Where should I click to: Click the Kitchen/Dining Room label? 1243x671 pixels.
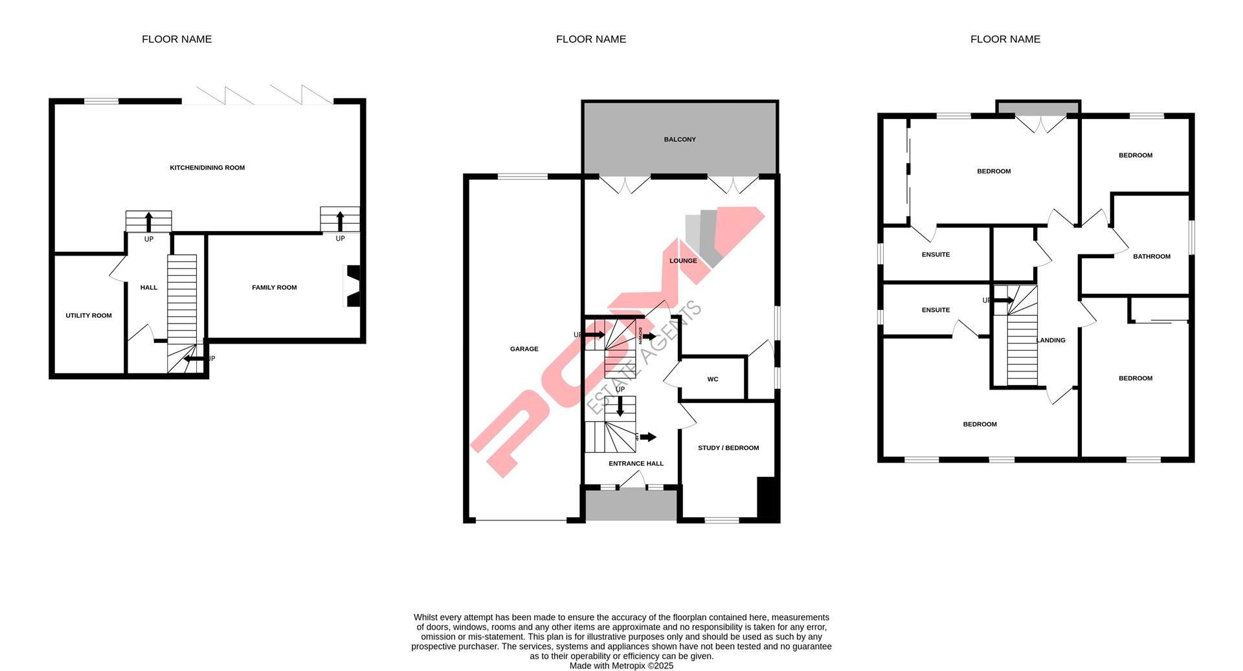tap(207, 168)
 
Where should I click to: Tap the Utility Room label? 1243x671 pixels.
tap(89, 316)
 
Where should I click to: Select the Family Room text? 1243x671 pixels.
tap(274, 287)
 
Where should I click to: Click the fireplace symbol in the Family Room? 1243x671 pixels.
tap(353, 286)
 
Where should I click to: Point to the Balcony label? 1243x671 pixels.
tap(680, 139)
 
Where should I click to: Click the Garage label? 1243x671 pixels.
tap(524, 349)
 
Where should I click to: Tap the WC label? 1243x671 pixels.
tap(713, 379)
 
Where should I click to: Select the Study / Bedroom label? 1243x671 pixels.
tap(728, 448)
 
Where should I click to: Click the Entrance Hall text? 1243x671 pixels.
tap(636, 463)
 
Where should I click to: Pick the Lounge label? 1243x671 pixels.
tap(683, 261)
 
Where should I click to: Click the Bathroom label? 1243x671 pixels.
tap(1152, 256)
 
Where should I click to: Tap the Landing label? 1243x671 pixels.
tap(1051, 340)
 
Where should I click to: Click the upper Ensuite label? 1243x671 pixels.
tap(935, 254)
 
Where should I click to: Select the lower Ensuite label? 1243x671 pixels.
tap(935, 310)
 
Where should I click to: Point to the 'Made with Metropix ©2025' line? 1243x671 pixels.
tap(621, 666)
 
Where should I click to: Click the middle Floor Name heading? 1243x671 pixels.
tap(590, 39)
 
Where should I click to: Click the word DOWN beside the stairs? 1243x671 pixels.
tap(640, 335)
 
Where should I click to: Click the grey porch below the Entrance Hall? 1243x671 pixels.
tap(631, 505)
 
